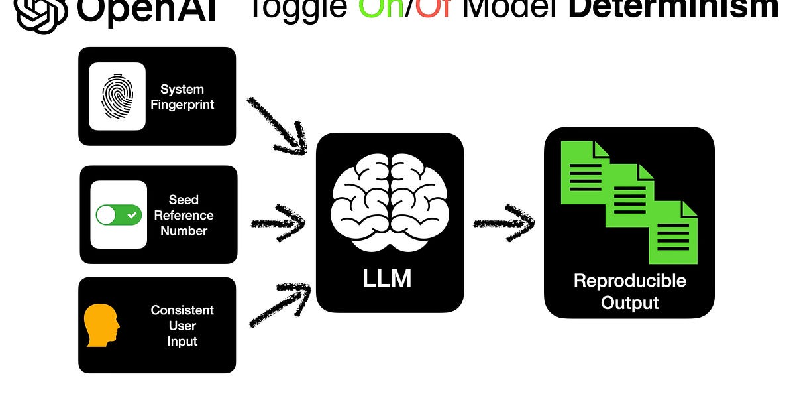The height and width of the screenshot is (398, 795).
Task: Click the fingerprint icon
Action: [x=117, y=96]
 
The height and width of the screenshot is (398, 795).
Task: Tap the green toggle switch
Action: [x=119, y=215]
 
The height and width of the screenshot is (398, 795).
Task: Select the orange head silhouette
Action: [x=101, y=326]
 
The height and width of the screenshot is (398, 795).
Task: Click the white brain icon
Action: [x=388, y=202]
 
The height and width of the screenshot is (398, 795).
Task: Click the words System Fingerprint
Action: [x=182, y=97]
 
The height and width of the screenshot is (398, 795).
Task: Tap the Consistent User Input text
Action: [x=182, y=326]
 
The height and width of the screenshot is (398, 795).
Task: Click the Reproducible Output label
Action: [x=629, y=291]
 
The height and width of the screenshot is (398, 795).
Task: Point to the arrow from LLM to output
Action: [x=503, y=223]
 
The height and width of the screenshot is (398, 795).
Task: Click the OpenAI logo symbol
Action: [x=42, y=13]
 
